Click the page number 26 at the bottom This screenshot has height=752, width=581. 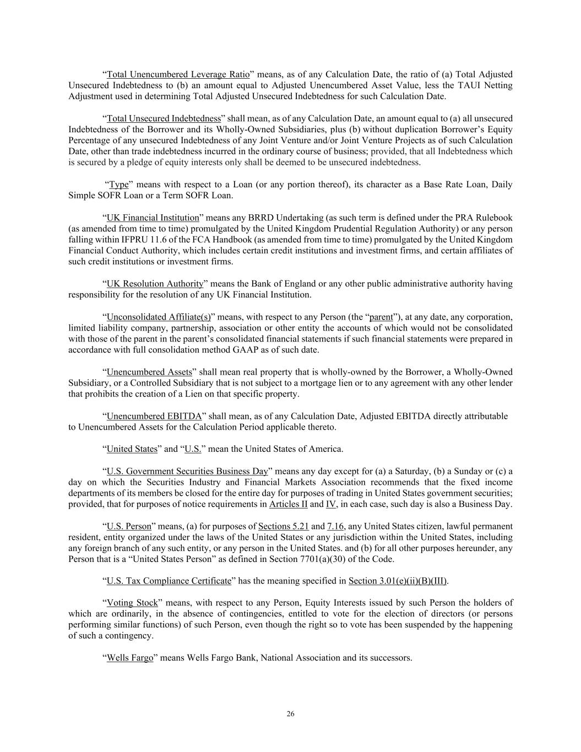pos(290,714)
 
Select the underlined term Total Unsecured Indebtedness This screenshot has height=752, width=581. pos(164,118)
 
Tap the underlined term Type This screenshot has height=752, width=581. pos(119,185)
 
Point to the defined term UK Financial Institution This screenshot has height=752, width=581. pos(153,218)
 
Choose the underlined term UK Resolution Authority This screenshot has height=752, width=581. pos(155,284)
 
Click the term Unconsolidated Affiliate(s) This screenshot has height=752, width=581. pos(159,317)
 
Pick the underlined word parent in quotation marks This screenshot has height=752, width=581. pos(381,317)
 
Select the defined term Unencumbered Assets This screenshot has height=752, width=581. pos(149,372)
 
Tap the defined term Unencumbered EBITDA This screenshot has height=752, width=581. pos(154,416)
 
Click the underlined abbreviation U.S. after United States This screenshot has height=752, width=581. pos(193,449)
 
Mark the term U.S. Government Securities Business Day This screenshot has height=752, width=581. pos(187,471)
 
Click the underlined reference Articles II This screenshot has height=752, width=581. pos(288,504)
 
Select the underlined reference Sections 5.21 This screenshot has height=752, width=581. pos(283,526)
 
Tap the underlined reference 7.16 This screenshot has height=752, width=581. pos(335,526)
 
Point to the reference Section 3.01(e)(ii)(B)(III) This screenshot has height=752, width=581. pos(398,581)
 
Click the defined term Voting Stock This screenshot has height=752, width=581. pos(132,603)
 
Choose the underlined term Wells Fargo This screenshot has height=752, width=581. pos(130,658)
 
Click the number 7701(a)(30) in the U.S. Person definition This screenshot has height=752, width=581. pos(282,559)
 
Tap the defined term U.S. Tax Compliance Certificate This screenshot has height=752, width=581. pos(169,581)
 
